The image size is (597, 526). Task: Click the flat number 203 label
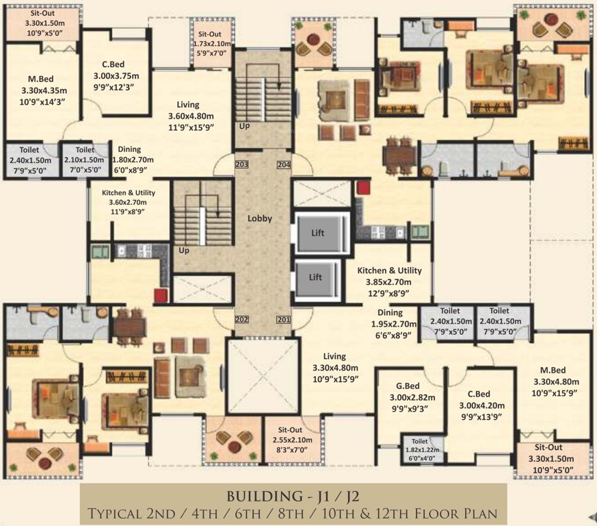(242, 164)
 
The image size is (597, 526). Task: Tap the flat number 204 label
(284, 164)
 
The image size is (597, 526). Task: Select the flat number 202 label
(242, 319)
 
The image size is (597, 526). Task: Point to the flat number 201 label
(284, 319)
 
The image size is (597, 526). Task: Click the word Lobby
(260, 218)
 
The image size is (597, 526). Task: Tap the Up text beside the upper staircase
(243, 127)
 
